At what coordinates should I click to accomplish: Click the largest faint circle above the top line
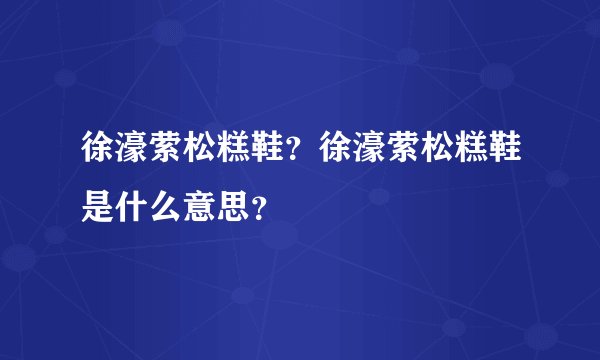coord(497,77)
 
